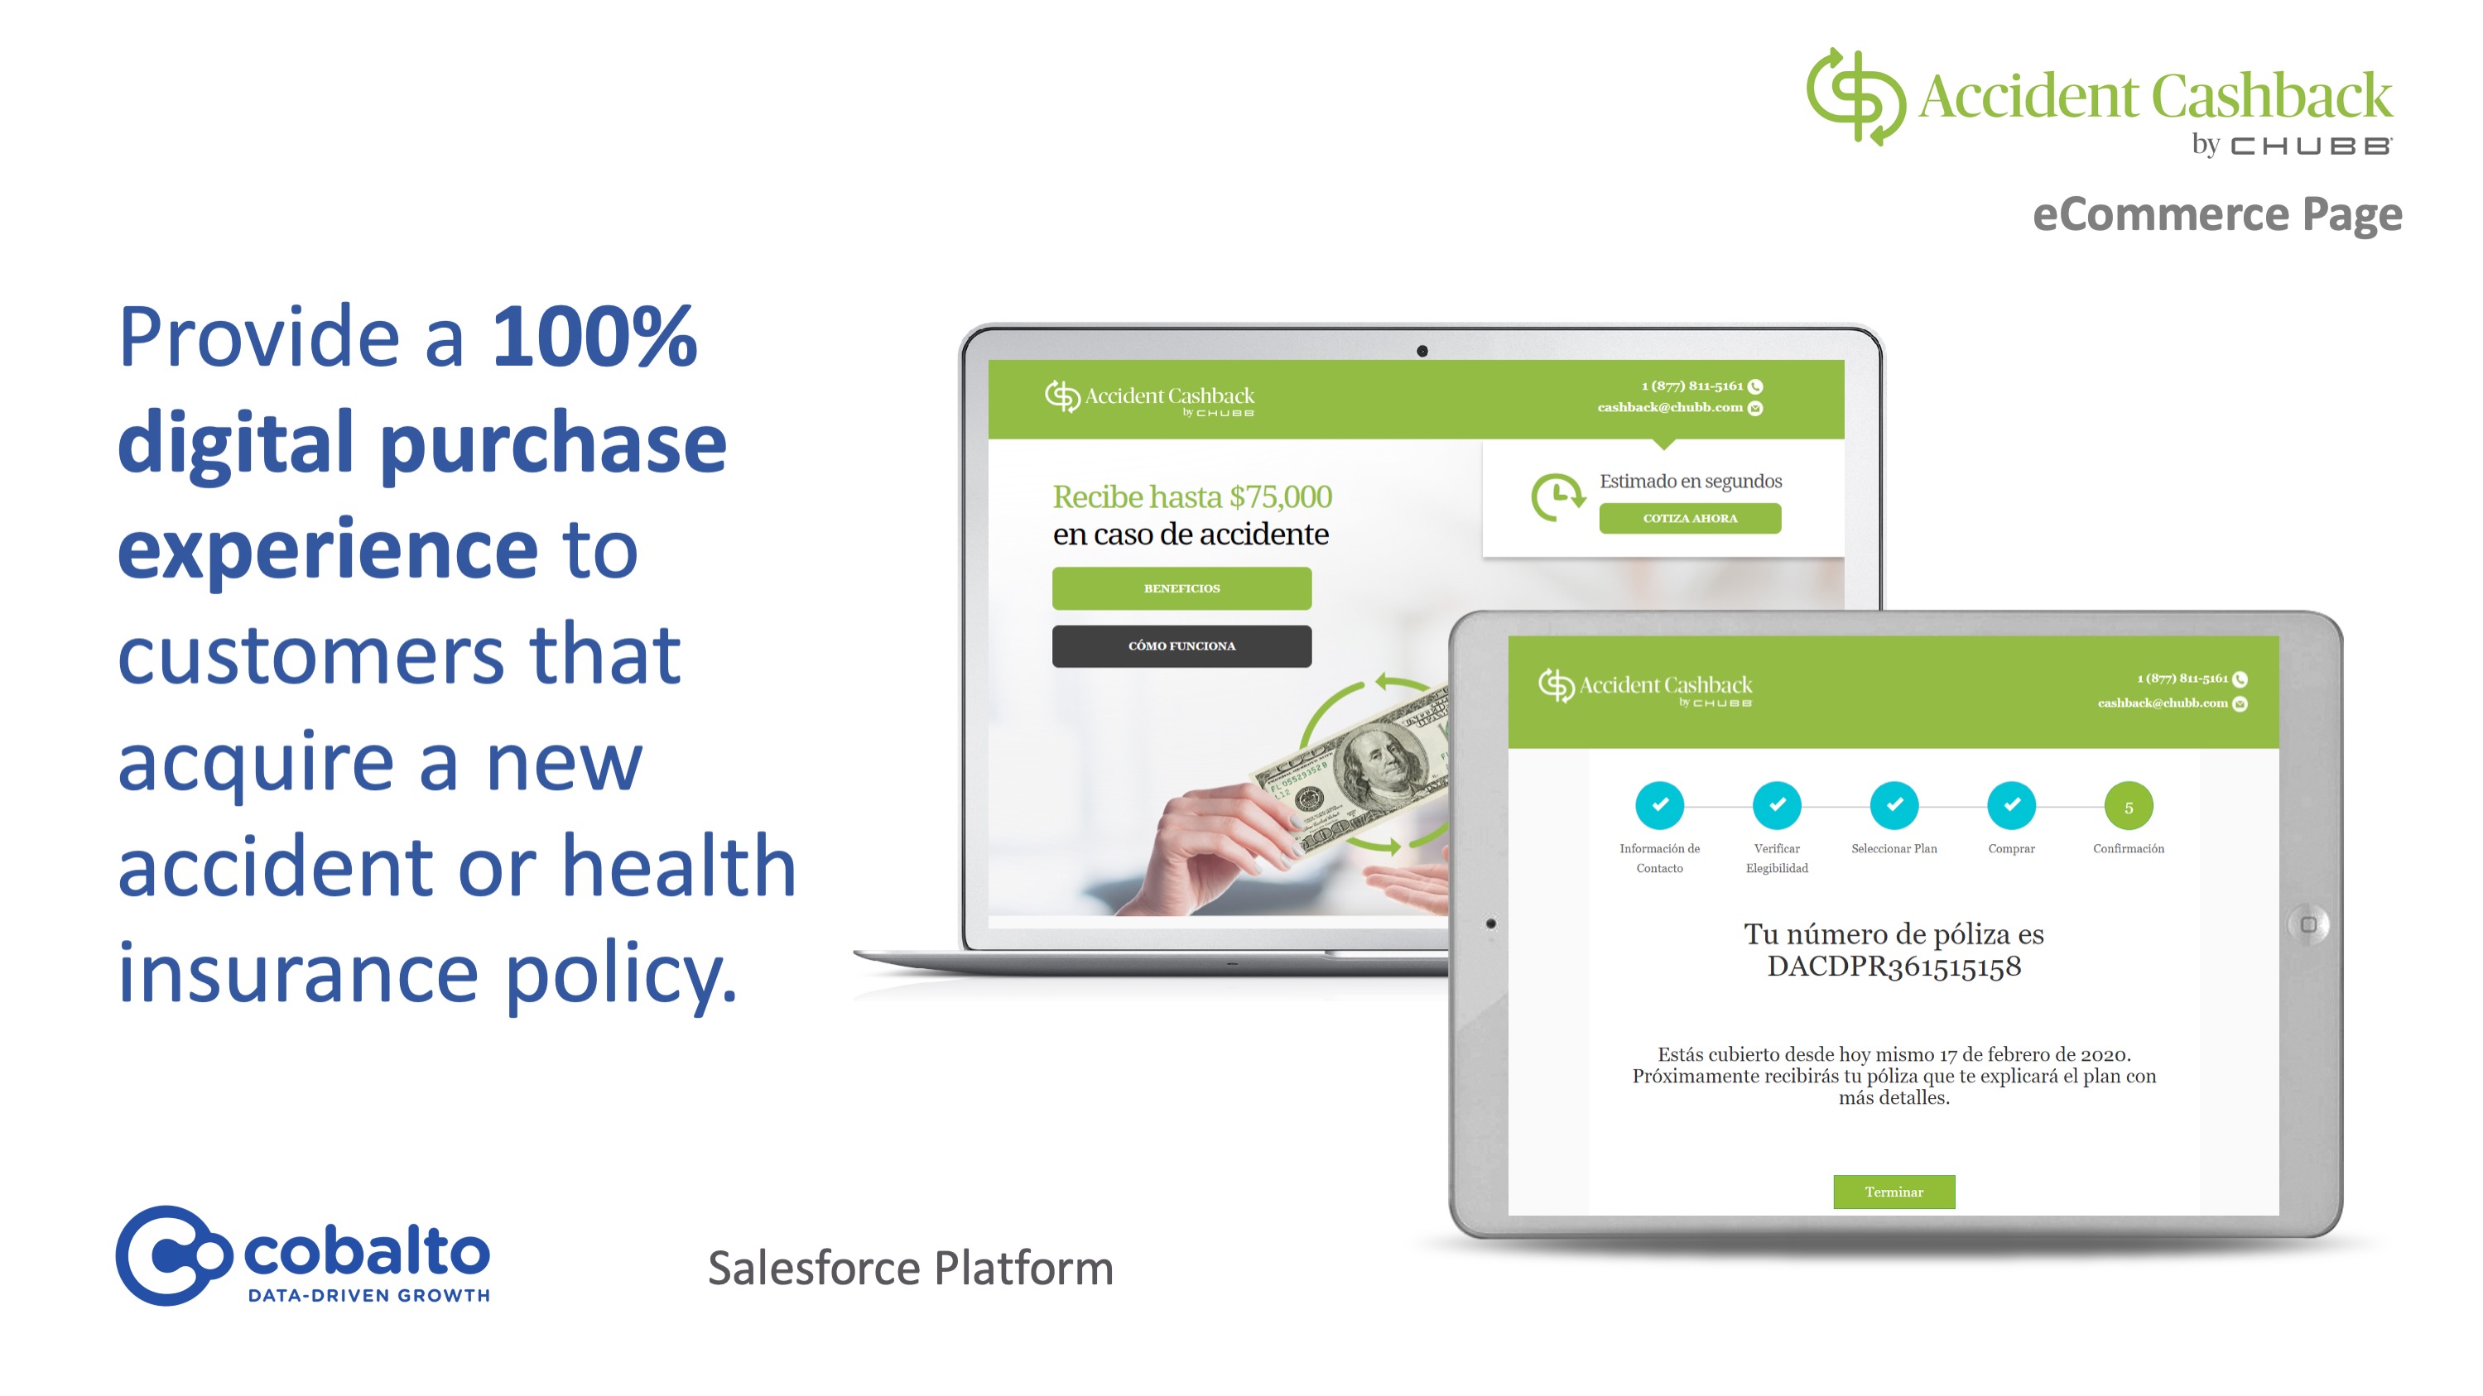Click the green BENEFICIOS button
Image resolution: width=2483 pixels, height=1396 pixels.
[x=1181, y=588]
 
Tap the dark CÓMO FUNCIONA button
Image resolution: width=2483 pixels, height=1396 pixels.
[x=1181, y=645]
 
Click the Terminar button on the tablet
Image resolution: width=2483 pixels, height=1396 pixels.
[x=1894, y=1192]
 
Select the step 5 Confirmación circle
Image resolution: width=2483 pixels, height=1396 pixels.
[x=2129, y=806]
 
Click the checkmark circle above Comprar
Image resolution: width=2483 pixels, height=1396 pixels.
[x=2012, y=805]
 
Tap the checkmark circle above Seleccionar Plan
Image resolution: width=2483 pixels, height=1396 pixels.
[x=1894, y=805]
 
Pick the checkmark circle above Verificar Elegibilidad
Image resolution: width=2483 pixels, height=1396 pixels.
[x=1777, y=805]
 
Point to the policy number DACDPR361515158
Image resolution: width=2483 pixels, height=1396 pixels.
[x=1894, y=967]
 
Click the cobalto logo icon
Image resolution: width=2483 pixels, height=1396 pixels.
[x=174, y=1255]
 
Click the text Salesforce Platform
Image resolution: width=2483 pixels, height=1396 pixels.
[x=911, y=1268]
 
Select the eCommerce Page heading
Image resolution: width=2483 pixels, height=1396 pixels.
[x=2217, y=213]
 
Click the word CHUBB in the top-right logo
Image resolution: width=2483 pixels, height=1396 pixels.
[x=2312, y=146]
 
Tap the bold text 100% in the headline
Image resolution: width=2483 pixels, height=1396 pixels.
[x=594, y=336]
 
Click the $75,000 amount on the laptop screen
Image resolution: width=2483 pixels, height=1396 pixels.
[x=1281, y=497]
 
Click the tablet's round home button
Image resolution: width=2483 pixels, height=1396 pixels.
[x=2308, y=925]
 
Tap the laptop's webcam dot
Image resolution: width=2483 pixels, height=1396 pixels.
[x=1422, y=351]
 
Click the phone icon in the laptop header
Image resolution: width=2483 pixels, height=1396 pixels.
[x=1755, y=386]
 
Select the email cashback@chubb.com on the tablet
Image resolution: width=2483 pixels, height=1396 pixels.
[x=2162, y=703]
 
